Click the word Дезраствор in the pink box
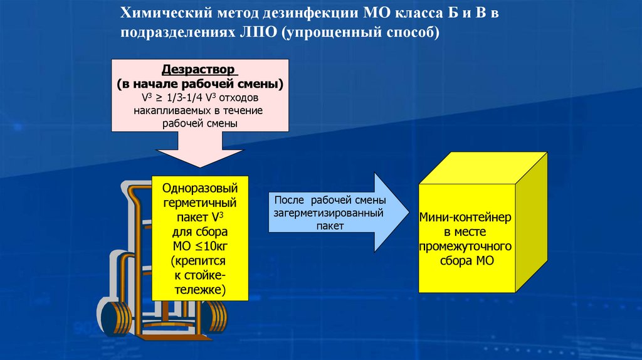click(x=199, y=69)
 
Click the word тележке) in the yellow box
click(x=199, y=289)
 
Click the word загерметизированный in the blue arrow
click(x=329, y=213)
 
